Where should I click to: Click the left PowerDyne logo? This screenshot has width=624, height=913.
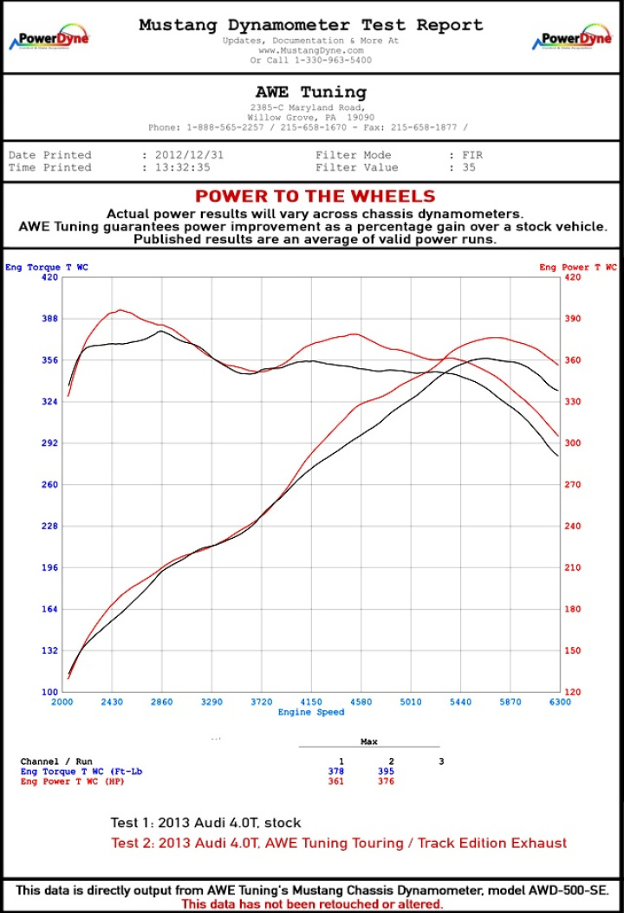49,40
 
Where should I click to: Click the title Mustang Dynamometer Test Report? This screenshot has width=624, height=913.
311,25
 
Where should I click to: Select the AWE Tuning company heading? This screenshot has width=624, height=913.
311,92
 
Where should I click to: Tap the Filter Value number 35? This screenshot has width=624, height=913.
469,167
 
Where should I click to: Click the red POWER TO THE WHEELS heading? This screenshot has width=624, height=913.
315,197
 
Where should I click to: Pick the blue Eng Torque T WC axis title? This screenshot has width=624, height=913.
47,267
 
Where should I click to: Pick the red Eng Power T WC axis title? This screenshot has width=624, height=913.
578,267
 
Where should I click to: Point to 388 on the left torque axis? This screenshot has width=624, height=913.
49,318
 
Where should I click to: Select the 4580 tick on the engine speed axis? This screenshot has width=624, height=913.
361,702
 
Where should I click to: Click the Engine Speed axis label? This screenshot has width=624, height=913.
311,712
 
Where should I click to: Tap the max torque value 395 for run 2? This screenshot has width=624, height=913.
386,770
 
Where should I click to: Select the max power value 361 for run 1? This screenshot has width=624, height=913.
335,780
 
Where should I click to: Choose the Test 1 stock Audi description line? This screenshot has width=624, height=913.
205,822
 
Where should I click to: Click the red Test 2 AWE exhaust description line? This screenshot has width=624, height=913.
339,842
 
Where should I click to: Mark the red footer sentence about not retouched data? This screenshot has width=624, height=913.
312,903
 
